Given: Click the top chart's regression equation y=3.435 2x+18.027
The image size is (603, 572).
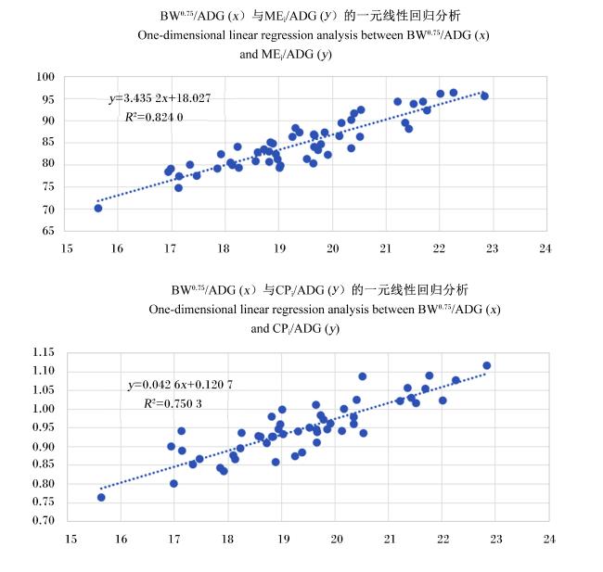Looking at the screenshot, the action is pyautogui.click(x=160, y=98).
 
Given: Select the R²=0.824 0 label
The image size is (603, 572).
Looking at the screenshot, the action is pyautogui.click(x=154, y=117).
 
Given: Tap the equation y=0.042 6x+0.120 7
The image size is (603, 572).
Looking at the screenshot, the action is pyautogui.click(x=180, y=385).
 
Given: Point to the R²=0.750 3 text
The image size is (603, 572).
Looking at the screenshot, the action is pyautogui.click(x=173, y=403).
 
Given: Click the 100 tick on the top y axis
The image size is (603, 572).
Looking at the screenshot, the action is pyautogui.click(x=45, y=77).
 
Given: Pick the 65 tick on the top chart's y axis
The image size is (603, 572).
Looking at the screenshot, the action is pyautogui.click(x=48, y=231).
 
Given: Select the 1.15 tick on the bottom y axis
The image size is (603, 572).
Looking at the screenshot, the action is pyautogui.click(x=44, y=352).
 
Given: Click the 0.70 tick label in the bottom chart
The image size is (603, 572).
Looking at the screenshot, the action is pyautogui.click(x=44, y=520).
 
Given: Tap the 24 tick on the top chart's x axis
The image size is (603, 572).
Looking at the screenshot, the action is pyautogui.click(x=545, y=248).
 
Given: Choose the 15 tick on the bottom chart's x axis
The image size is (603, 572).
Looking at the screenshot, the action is pyautogui.click(x=71, y=539).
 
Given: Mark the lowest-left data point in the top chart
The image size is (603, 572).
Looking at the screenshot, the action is pyautogui.click(x=98, y=209).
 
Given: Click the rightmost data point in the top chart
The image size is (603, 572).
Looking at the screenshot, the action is pyautogui.click(x=484, y=96).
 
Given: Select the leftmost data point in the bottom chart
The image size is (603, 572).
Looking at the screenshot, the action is pyautogui.click(x=101, y=498).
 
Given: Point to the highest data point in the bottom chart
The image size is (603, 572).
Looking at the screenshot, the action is pyautogui.click(x=486, y=365).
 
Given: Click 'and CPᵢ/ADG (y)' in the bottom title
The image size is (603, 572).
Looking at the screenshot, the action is pyautogui.click(x=295, y=329).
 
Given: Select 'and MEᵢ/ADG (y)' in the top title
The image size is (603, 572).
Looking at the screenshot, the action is pyautogui.click(x=286, y=55).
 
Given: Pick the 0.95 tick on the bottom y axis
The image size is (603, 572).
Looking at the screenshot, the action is pyautogui.click(x=44, y=427).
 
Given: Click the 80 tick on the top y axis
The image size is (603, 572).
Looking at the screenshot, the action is pyautogui.click(x=48, y=163).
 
